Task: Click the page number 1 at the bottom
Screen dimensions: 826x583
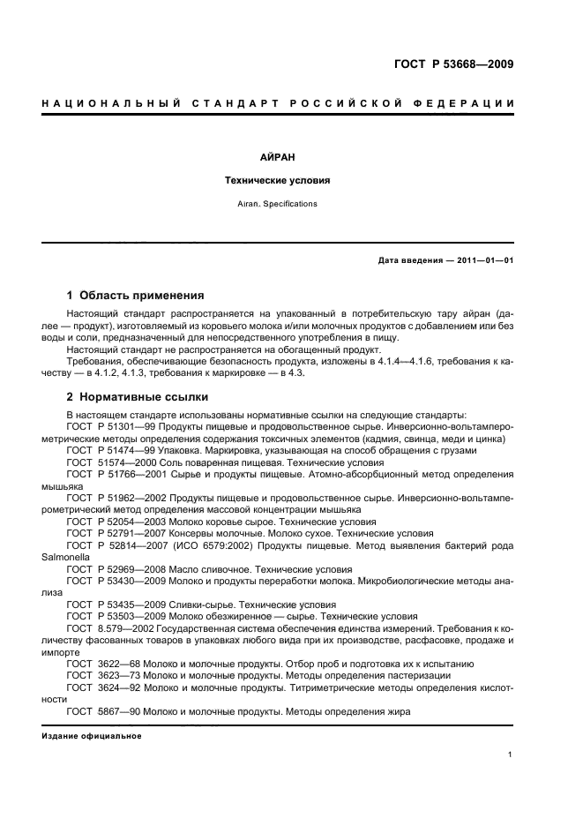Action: tap(511, 754)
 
